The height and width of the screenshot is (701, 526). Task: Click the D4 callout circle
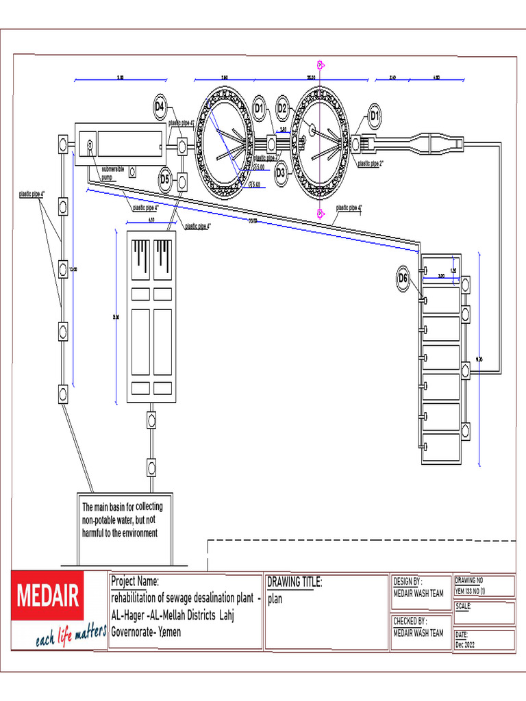160,106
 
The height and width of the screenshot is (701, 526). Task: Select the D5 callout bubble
164,179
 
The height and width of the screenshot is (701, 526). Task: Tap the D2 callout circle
283,107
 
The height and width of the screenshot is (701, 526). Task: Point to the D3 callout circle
280,173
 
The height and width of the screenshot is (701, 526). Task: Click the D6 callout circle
403,278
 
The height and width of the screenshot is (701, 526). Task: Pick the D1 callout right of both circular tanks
375,116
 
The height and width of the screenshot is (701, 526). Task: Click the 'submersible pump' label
112,173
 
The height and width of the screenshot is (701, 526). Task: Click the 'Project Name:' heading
135,581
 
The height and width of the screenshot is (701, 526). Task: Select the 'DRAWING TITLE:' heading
294,582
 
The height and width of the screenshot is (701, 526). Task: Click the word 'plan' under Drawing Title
275,599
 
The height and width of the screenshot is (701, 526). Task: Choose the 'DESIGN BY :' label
412,581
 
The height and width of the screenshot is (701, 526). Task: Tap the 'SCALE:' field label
464,606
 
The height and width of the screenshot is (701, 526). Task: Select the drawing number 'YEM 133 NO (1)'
470,591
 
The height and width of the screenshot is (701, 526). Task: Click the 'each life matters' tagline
71,639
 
